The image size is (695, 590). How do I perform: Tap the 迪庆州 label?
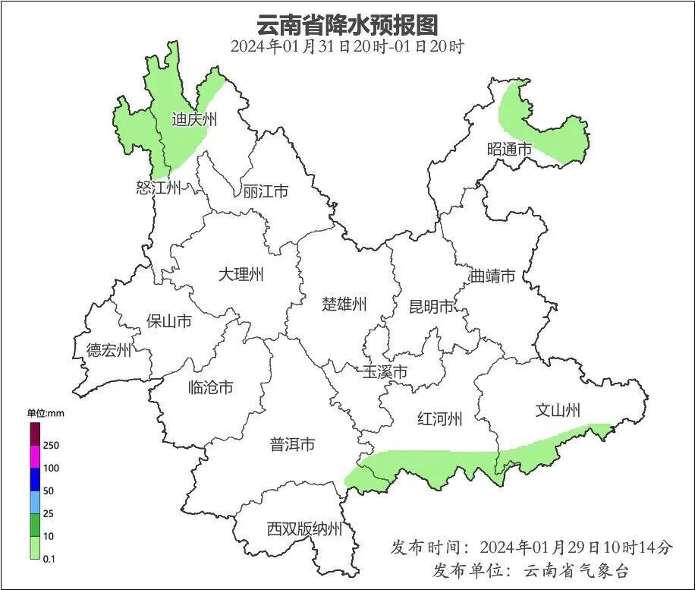194,119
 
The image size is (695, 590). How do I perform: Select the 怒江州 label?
159,188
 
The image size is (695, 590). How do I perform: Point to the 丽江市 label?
266,191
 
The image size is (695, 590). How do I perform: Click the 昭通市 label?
509,150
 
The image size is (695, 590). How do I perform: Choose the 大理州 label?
241,274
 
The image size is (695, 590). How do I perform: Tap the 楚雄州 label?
344,304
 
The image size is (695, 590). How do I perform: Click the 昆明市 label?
431,307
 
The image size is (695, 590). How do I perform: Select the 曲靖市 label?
492,275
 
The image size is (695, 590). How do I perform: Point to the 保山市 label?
169,321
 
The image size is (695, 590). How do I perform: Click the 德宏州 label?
108,350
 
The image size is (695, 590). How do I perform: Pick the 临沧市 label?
210,387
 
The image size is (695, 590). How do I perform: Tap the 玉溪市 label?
385,372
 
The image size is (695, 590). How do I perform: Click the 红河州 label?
439,418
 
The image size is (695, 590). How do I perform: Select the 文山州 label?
558,411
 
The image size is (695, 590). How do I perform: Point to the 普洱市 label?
292,444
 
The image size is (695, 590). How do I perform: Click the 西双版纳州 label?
304,529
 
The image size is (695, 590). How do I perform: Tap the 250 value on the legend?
52,445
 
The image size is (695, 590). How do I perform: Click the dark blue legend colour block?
35,479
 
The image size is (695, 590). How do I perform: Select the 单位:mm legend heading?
48,413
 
